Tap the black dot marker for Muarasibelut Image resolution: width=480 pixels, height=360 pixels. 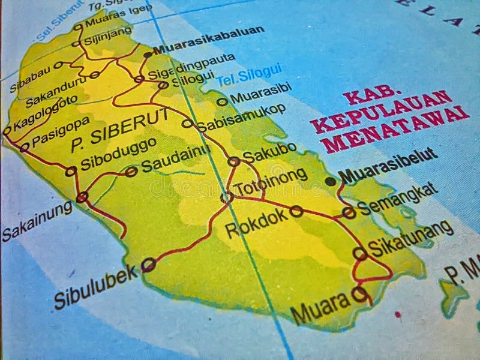pos(331,181)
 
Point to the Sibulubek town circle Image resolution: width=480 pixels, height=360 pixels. pos(148,265)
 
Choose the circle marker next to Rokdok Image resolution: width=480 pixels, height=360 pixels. pos(296,211)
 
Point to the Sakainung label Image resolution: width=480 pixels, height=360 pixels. pos(37,221)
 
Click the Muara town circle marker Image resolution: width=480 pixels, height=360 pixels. pos(359,293)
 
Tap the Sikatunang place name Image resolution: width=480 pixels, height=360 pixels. pos(410,238)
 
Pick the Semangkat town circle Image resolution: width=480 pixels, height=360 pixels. pos(349,212)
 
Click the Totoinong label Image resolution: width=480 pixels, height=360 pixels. pos(271,182)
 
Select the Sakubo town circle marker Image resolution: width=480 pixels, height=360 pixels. pos(233,161)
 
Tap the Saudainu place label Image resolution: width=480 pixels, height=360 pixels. pos(176,160)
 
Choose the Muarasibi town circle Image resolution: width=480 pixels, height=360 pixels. pos(222,102)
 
